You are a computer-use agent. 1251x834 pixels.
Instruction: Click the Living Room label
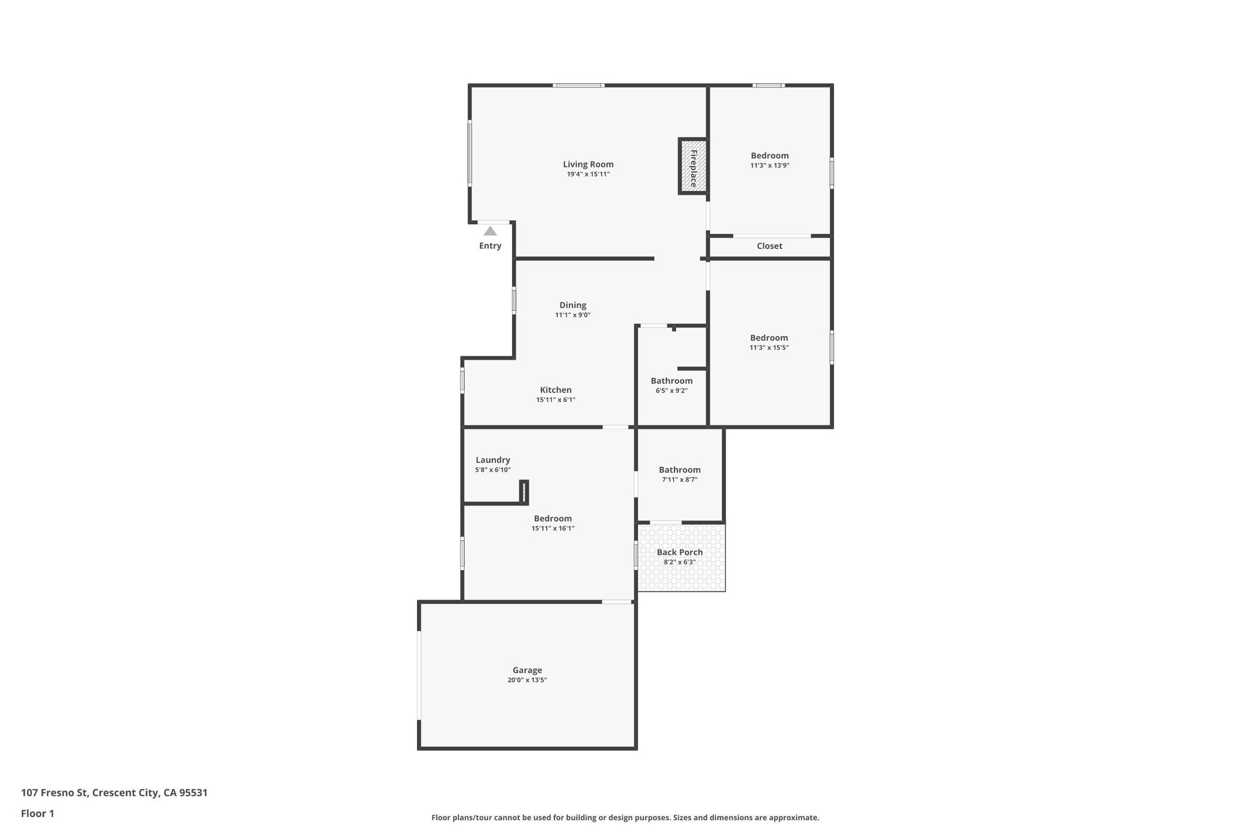[588, 164]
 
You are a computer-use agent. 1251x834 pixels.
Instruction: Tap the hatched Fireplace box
[693, 166]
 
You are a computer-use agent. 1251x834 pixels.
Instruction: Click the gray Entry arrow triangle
[490, 231]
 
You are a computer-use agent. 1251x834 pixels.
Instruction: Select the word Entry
[490, 246]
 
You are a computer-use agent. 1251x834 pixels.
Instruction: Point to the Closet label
[769, 246]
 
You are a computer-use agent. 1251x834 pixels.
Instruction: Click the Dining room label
[573, 305]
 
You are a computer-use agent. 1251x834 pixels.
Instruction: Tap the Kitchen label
[556, 390]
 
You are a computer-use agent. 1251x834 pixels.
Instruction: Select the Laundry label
[493, 459]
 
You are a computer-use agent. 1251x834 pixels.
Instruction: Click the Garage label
[527, 670]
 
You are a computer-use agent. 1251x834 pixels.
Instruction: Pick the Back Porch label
[680, 552]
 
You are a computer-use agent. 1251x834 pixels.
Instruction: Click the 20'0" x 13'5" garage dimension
[527, 680]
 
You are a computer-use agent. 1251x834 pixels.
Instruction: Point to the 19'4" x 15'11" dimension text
[588, 175]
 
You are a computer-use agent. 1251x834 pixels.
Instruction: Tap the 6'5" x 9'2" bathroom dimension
[672, 391]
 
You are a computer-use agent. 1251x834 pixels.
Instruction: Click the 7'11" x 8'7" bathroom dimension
[680, 480]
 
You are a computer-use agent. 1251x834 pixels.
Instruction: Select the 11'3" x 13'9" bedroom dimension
[769, 165]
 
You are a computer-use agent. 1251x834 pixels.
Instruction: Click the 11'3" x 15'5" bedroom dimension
[769, 348]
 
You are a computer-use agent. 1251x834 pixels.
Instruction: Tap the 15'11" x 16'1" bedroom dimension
[553, 528]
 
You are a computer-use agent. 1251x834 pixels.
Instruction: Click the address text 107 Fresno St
[54, 793]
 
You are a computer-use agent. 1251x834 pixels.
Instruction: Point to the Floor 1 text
[38, 813]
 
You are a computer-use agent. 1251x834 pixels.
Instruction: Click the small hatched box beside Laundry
[524, 492]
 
